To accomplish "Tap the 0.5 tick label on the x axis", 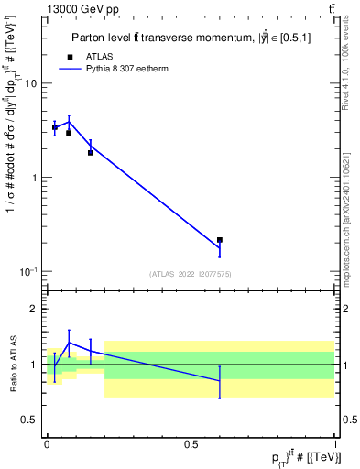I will [x=191, y=442].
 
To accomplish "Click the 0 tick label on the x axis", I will [x=47, y=442].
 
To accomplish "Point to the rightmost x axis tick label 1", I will [x=334, y=442].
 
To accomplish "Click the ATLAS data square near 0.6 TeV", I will [x=220, y=240].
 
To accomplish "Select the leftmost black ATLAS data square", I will [x=55, y=127].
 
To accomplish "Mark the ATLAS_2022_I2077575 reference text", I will [x=191, y=273].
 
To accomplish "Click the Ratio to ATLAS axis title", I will [x=12, y=364].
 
